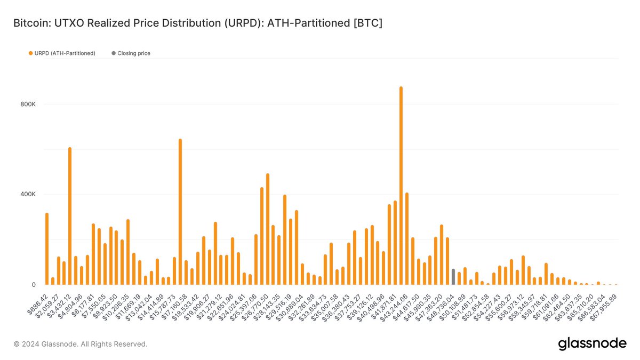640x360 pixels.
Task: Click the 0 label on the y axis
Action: (x=33, y=284)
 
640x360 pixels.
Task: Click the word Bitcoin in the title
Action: (x=30, y=23)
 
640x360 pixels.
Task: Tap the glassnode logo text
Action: (x=592, y=344)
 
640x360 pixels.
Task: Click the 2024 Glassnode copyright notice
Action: (x=80, y=344)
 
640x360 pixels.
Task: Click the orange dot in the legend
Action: (x=30, y=53)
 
